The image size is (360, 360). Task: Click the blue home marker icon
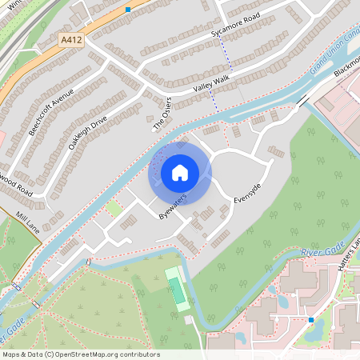pyautogui.click(x=180, y=173)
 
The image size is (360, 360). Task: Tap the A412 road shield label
pyautogui.click(x=71, y=38)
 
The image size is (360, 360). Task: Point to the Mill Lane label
pyautogui.click(x=27, y=217)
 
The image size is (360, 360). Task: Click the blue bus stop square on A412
pyautogui.click(x=128, y=10)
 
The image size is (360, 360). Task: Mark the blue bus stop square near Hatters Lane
pyautogui.click(x=310, y=320)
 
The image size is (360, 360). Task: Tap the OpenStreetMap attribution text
pyautogui.click(x=80, y=354)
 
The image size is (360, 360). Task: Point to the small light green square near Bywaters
pyautogui.click(x=114, y=208)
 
